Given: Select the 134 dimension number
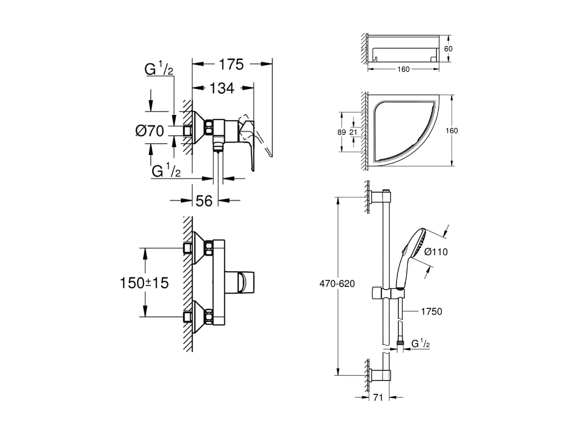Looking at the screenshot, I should pyautogui.click(x=222, y=88).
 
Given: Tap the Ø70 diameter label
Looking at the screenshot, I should pyautogui.click(x=149, y=130).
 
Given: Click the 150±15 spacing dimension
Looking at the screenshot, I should pyautogui.click(x=144, y=283).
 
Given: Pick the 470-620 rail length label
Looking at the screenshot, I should pyautogui.click(x=337, y=283).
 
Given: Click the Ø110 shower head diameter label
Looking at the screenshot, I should pyautogui.click(x=436, y=252).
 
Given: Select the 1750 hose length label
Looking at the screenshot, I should pyautogui.click(x=431, y=312).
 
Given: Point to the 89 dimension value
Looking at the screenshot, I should pyautogui.click(x=341, y=132).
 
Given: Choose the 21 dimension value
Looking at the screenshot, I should pyautogui.click(x=353, y=132).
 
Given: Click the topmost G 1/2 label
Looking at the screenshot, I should pyautogui.click(x=159, y=69).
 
